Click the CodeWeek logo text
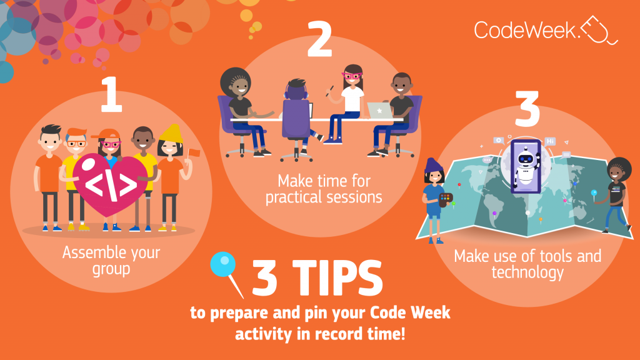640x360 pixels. tap(524, 30)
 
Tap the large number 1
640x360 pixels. tap(111, 94)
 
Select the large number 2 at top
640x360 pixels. tap(319, 39)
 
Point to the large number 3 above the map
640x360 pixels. tap(527, 109)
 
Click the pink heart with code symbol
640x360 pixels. tap(110, 184)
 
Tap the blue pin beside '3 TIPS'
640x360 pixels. tap(226, 274)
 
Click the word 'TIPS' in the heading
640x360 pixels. tap(337, 278)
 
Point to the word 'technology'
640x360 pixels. tap(527, 272)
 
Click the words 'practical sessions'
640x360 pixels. tap(324, 197)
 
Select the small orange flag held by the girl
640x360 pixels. tap(194, 153)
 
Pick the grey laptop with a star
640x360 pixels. tap(379, 110)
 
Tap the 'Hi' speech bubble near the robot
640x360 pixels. tap(550, 141)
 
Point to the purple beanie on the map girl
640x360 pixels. tap(432, 166)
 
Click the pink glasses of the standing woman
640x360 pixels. tap(352, 76)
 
